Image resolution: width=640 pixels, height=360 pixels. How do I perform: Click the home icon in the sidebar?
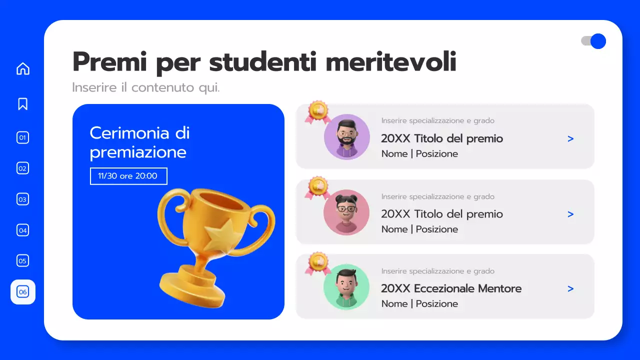[23, 68]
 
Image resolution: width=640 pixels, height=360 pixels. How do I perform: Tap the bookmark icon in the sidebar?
[23, 103]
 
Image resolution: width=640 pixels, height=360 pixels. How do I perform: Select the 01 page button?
[23, 137]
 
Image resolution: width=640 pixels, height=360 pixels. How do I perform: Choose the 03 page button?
[23, 199]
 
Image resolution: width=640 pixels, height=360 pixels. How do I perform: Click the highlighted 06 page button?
[23, 292]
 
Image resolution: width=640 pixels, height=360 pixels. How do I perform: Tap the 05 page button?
[23, 260]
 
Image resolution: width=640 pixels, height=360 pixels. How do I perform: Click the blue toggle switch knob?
[598, 41]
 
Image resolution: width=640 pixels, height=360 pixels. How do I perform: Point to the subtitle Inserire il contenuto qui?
[145, 87]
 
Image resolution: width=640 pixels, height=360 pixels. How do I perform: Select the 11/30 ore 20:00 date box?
[128, 176]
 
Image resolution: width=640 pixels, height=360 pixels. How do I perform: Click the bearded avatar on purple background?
[346, 136]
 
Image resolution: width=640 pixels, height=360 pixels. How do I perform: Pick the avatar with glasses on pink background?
[346, 212]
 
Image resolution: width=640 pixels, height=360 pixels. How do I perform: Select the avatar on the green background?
[346, 286]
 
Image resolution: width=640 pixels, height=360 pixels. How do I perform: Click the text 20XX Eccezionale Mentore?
[451, 288]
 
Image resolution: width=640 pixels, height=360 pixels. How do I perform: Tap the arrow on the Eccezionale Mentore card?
[570, 288]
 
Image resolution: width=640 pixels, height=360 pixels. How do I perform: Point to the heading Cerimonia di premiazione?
[139, 142]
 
